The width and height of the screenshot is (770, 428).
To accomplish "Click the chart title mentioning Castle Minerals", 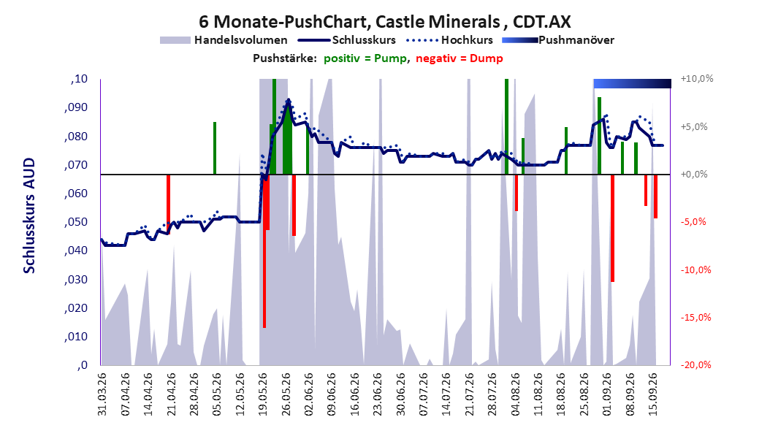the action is [x=384, y=22].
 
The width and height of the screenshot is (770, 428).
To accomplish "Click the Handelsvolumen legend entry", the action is [x=224, y=40].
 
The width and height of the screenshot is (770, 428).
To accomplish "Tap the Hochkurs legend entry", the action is [x=450, y=40].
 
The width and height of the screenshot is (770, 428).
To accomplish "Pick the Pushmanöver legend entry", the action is [x=558, y=40].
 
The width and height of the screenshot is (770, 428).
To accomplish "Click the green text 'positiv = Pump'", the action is [x=365, y=58].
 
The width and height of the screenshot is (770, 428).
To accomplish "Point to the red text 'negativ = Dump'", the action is [x=460, y=58].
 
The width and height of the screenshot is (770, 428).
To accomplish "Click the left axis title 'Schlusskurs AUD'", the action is [x=29, y=215].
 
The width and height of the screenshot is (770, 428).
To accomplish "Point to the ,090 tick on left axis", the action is [x=76, y=107].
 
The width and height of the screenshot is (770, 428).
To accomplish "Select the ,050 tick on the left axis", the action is [x=76, y=222].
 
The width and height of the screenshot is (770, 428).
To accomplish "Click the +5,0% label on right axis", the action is [x=694, y=126].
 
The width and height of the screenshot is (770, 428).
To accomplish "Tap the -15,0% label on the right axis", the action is [x=695, y=318].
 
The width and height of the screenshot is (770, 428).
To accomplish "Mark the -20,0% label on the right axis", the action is [x=695, y=364].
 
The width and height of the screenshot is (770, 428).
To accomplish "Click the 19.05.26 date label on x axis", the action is [x=263, y=394].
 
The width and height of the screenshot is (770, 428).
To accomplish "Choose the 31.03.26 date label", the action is [x=102, y=394].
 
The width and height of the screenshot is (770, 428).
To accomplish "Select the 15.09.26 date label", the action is [x=654, y=394].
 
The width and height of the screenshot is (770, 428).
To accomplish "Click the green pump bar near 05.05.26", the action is [x=215, y=148].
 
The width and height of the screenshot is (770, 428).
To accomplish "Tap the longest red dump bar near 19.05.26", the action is [x=264, y=251].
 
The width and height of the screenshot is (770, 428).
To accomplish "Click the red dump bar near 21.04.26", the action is [x=168, y=205].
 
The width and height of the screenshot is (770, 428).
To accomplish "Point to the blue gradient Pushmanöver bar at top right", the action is [x=632, y=83].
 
